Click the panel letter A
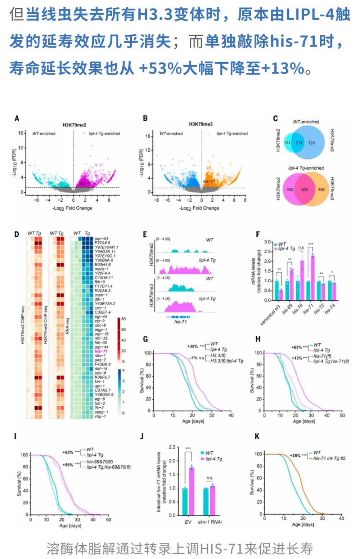point(17,118)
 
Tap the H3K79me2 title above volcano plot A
point(75,125)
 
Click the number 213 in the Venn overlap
point(299,143)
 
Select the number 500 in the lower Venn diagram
point(305,189)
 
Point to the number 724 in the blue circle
point(311,143)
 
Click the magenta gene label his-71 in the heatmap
point(101,351)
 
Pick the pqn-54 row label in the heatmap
point(102,238)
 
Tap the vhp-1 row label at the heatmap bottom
point(100,416)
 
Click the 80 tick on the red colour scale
point(123,319)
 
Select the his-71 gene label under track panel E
point(180,322)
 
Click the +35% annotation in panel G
point(193,346)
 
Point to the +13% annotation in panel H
point(297,358)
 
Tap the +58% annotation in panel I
point(68,465)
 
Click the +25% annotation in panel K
point(295,455)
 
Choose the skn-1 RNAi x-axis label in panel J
point(210,522)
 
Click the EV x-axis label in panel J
point(188,522)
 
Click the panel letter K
point(257,436)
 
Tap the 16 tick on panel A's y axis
point(21,133)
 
